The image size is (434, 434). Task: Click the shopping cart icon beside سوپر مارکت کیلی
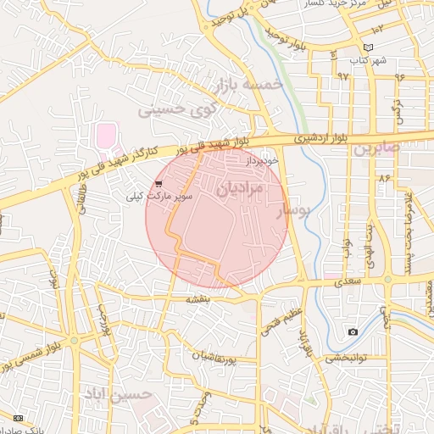tap(159, 184)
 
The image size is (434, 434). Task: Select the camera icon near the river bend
tap(353, 331)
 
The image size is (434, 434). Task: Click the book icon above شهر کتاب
tap(367, 47)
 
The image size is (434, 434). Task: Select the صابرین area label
tap(375, 148)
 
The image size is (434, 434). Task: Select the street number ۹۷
tap(342, 75)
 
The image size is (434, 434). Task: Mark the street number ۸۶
tap(384, 178)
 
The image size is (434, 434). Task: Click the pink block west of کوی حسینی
tap(105, 135)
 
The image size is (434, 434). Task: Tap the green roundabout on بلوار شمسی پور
tap(74, 341)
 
